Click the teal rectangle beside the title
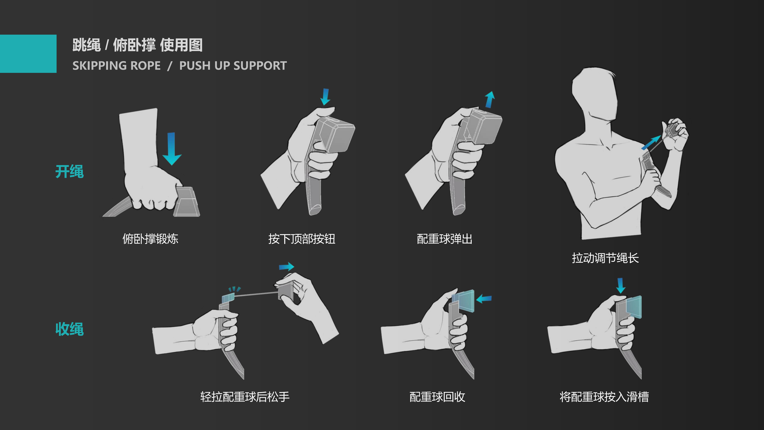(x=28, y=54)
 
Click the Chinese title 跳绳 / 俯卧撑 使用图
(x=137, y=45)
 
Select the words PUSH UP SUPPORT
(x=233, y=66)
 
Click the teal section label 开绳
(x=69, y=172)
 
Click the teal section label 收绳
(x=69, y=329)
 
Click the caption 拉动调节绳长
(x=605, y=258)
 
